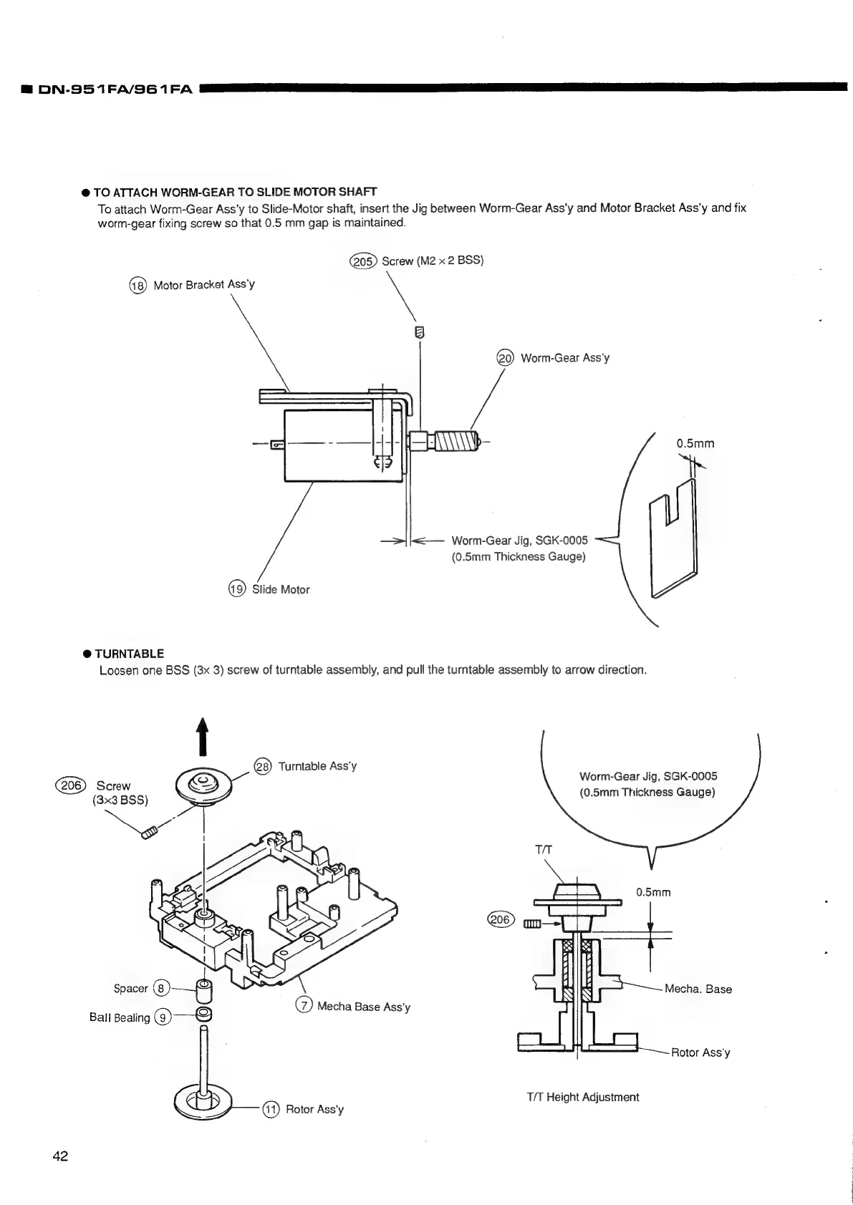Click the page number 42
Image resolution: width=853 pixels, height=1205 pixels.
60,1156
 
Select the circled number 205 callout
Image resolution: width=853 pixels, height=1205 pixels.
362,261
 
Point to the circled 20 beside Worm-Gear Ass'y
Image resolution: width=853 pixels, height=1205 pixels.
506,358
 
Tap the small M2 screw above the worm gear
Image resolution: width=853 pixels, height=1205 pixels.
420,332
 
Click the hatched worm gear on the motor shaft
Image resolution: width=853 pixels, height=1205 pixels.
453,440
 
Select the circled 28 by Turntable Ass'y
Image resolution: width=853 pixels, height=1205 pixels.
263,767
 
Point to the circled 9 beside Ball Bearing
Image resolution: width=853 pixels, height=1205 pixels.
163,1017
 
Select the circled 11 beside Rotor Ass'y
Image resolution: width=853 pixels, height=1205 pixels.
271,1109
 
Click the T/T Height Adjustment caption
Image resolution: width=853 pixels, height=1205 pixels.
582,1097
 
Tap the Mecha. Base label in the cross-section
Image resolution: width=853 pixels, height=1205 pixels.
698,989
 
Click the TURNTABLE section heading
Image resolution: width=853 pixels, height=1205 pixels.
129,654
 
